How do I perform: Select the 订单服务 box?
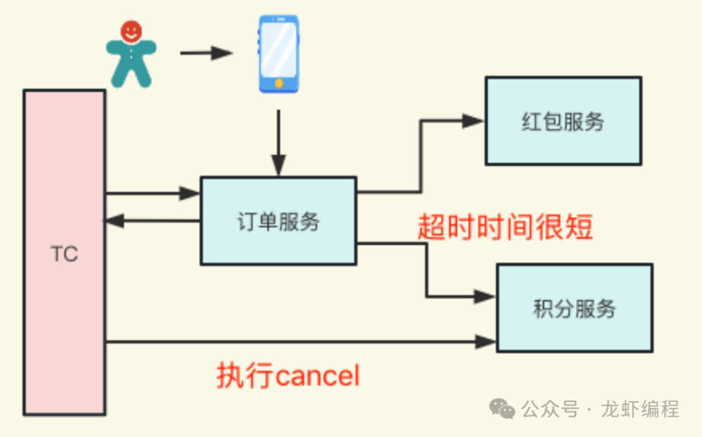pos(278,221)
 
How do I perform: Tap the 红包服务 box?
pos(564,121)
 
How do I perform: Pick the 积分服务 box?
pos(575,308)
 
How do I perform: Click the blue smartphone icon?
pos(278,53)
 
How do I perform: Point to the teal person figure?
pos(131,62)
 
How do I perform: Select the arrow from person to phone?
pos(205,53)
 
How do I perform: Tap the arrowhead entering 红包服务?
pos(474,120)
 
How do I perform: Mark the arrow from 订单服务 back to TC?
pos(153,221)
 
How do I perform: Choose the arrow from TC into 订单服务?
pos(153,193)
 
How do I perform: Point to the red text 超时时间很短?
pos(505,228)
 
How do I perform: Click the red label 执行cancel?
pos(288,376)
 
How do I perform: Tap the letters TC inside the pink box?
pos(64,254)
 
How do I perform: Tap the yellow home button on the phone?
pos(279,83)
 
